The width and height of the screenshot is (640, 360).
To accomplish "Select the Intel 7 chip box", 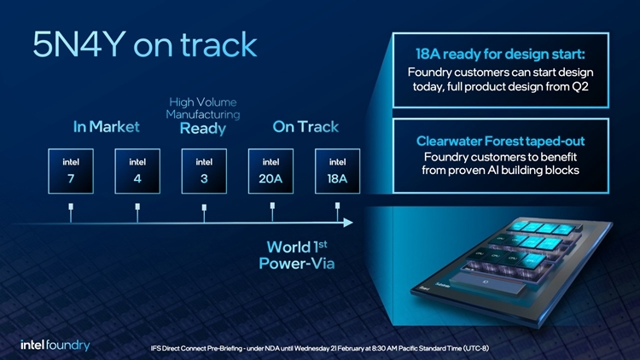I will [x=70, y=171].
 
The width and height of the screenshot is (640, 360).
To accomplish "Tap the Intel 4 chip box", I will [x=137, y=171].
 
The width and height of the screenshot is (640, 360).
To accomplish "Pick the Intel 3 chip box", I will [x=203, y=171].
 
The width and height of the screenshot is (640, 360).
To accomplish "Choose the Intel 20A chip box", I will [x=271, y=171].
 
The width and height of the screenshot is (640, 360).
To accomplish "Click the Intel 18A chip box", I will [x=337, y=171].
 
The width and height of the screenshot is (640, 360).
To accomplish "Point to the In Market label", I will [x=106, y=128].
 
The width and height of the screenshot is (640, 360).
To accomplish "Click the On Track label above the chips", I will [x=305, y=128].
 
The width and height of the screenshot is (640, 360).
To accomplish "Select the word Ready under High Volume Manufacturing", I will [x=203, y=130].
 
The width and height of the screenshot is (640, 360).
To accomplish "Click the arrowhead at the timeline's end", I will [x=347, y=223].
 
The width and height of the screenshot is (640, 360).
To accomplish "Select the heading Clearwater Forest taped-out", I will [x=500, y=141].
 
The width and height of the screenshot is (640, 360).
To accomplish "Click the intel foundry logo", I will [x=55, y=345].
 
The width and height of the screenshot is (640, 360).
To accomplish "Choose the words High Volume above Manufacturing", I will [x=203, y=102].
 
